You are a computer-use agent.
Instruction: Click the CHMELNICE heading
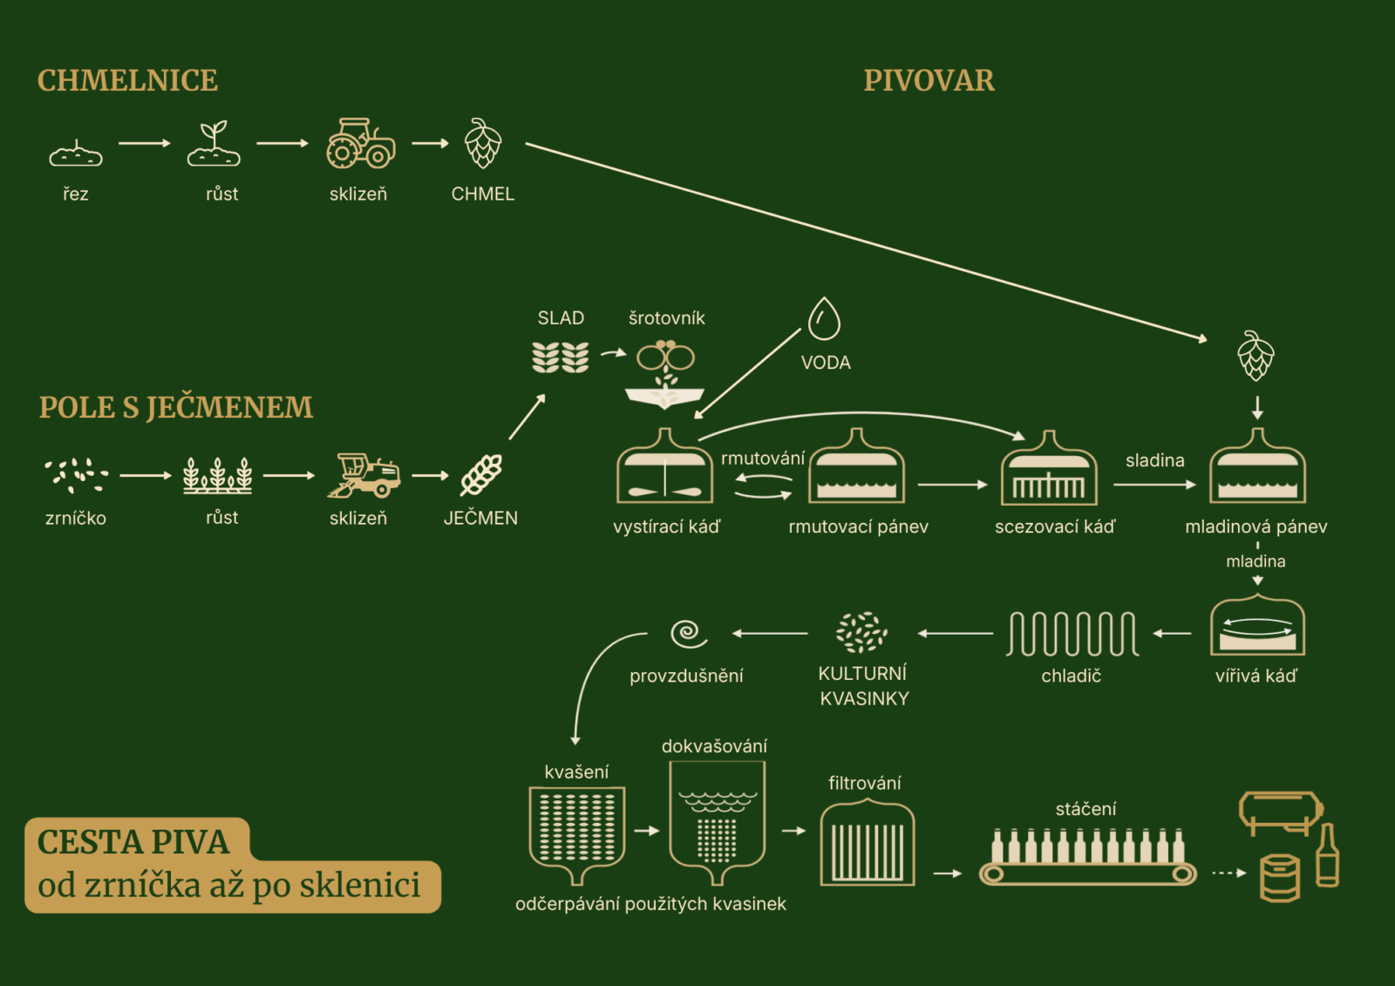tap(127, 80)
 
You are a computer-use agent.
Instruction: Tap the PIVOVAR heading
tap(929, 80)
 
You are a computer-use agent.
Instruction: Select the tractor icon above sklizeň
tap(360, 144)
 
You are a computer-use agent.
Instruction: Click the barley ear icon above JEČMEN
tap(481, 475)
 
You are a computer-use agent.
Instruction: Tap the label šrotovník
tap(667, 318)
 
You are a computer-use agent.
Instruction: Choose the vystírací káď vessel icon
tap(664, 469)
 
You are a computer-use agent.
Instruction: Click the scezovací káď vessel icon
tap(1049, 471)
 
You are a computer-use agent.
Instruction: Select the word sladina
tap(1154, 460)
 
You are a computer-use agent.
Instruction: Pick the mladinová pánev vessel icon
tap(1256, 469)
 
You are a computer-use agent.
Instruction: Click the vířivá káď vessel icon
tap(1257, 626)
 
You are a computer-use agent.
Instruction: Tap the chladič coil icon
tap(1072, 633)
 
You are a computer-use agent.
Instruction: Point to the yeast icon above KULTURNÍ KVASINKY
tap(861, 632)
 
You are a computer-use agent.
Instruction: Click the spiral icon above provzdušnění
tap(688, 633)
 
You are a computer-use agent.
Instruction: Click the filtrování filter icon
tap(867, 844)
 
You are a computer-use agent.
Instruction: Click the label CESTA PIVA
tap(133, 842)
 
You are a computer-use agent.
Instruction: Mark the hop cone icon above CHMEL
tap(482, 143)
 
